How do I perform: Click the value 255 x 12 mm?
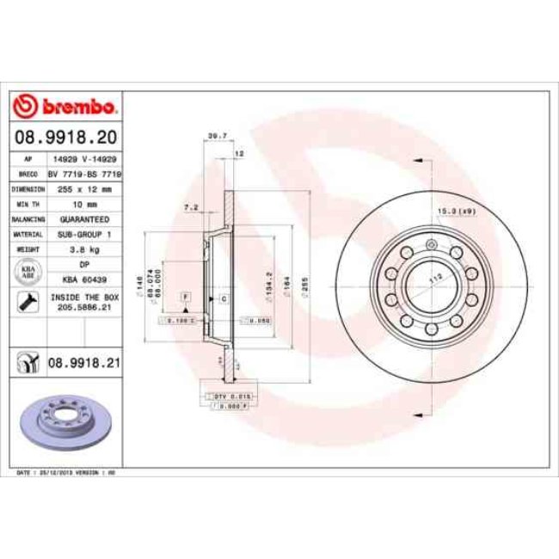click(83, 188)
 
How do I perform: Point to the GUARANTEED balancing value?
click(83, 218)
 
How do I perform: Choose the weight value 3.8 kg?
click(83, 249)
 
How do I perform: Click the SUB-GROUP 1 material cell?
click(83, 234)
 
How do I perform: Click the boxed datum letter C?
click(223, 298)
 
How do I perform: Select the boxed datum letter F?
click(185, 296)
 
